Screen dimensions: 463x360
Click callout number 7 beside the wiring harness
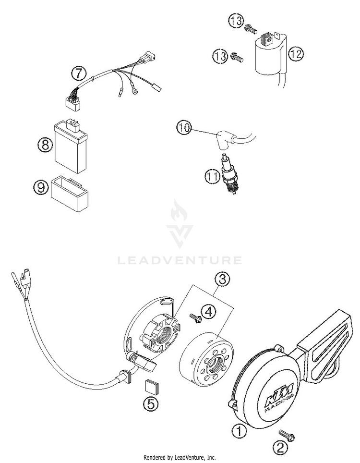click(79, 73)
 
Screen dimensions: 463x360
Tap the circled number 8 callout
click(44, 145)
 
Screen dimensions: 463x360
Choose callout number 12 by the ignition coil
click(296, 54)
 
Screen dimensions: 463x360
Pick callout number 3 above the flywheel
click(221, 279)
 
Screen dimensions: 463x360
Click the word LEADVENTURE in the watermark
click(180, 260)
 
